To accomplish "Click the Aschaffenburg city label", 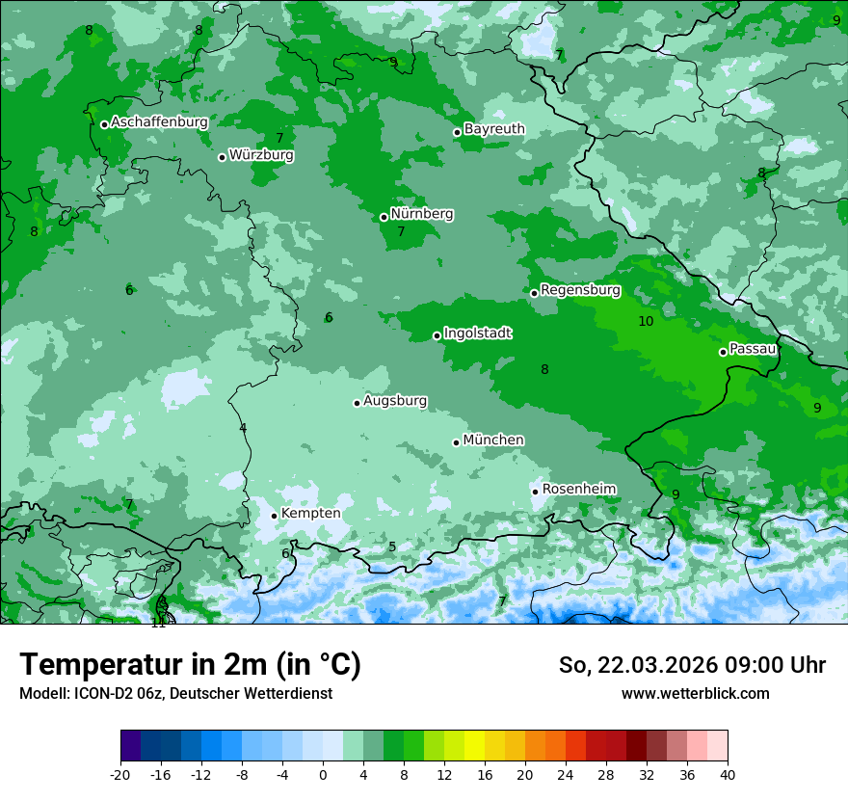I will click(x=159, y=122).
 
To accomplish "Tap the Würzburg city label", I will click(x=261, y=155).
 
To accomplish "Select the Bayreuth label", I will click(x=494, y=129).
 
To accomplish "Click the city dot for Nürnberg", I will click(x=384, y=217).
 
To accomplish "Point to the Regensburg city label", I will click(x=580, y=290).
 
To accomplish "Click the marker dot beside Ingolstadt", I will click(x=437, y=336).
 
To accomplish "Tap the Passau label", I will click(x=753, y=349).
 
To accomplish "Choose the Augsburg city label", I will click(x=395, y=401).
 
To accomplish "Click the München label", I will click(x=493, y=440).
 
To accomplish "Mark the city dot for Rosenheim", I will click(x=535, y=492).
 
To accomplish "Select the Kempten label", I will click(x=310, y=514).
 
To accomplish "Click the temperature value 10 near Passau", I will click(x=646, y=321).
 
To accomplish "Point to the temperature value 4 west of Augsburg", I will click(x=243, y=428).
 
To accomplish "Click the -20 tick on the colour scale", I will click(x=120, y=774).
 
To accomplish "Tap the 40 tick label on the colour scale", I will click(x=728, y=774).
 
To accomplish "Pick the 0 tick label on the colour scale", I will click(x=323, y=774).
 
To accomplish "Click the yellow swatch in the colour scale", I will click(x=474, y=746).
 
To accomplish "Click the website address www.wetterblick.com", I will click(x=695, y=694).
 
